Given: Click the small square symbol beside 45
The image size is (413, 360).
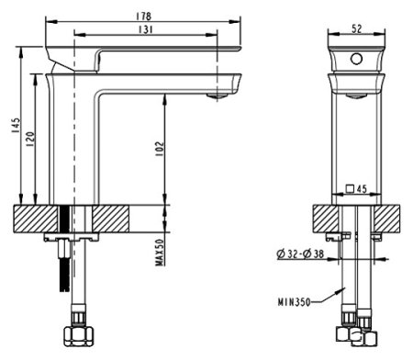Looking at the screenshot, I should coord(350,190).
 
